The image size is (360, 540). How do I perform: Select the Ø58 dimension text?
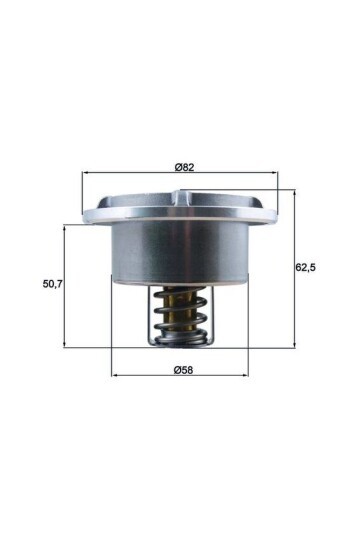183,369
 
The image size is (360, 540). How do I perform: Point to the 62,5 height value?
308,267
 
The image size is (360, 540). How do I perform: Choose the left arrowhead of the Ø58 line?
113,377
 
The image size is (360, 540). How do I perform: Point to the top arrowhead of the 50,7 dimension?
65,227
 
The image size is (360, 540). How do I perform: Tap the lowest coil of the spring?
181,340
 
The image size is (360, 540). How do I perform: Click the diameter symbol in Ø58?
176,369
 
